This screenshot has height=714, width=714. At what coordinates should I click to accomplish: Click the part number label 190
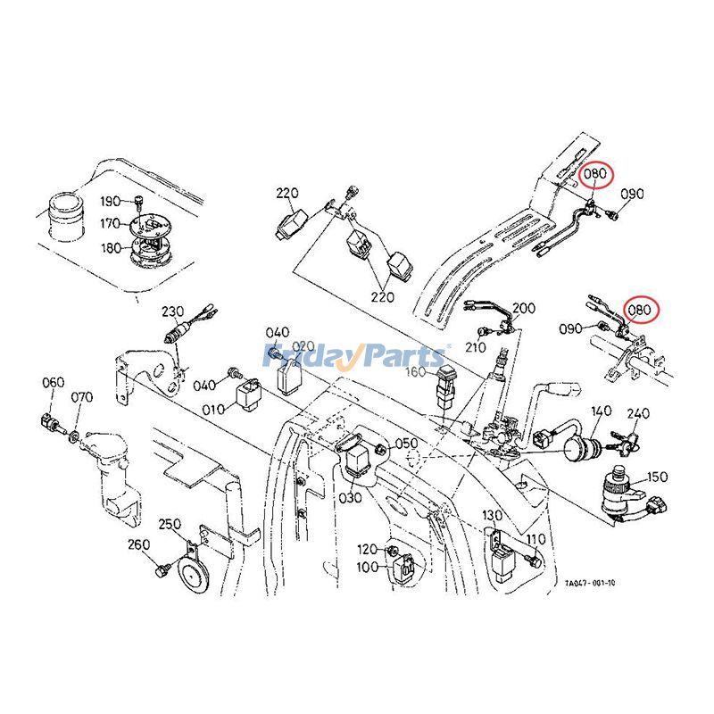point(110,201)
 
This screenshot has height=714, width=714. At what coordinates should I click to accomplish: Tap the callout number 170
point(110,223)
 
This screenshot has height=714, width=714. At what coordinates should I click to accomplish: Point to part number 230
point(172,311)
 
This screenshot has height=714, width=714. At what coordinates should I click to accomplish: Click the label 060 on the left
point(54,383)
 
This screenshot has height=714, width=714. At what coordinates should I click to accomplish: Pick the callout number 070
point(82,397)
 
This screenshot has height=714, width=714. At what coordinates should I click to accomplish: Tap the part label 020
point(303,346)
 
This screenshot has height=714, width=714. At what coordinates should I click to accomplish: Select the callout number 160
point(417,371)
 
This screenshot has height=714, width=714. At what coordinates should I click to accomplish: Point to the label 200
point(524,309)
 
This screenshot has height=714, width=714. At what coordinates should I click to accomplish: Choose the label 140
point(601,411)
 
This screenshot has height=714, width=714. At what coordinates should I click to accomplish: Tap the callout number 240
point(638,414)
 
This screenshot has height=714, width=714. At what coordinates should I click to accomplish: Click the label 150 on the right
point(657,477)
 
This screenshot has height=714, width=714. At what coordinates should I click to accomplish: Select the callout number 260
point(138,544)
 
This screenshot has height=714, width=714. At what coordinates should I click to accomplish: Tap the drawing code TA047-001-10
point(590,583)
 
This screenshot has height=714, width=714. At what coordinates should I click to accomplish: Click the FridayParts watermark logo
point(356,357)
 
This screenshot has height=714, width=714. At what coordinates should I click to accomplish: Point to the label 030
point(349,497)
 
